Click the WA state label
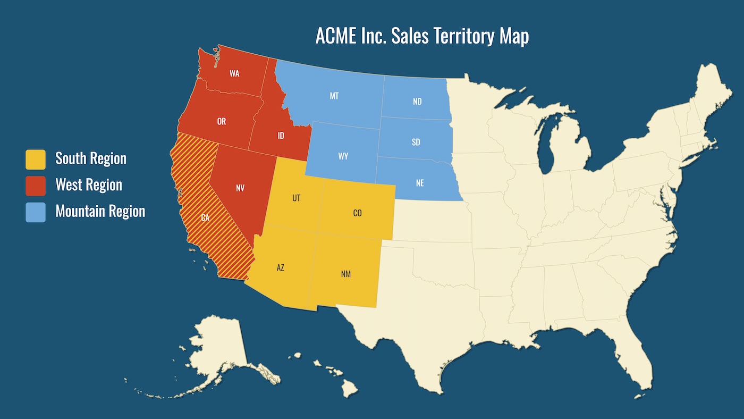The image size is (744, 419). [234, 73]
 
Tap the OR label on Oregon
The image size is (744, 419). [222, 122]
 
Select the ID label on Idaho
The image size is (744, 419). [281, 136]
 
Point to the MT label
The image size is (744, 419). [334, 96]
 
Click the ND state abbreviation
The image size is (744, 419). [417, 102]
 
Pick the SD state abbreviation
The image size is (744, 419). [416, 142]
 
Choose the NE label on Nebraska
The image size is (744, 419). [420, 183]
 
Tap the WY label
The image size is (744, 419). [343, 156]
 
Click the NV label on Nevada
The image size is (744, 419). [240, 188]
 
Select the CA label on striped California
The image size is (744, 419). [205, 217]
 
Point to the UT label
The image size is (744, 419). [296, 198]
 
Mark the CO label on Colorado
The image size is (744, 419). [357, 213]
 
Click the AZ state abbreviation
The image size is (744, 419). [281, 267]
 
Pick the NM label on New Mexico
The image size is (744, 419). [346, 274]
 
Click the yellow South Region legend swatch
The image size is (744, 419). [36, 159]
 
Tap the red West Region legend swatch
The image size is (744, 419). [36, 186]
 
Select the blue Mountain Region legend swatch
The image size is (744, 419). [36, 212]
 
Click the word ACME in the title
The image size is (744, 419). [335, 36]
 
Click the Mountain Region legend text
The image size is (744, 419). [100, 212]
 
